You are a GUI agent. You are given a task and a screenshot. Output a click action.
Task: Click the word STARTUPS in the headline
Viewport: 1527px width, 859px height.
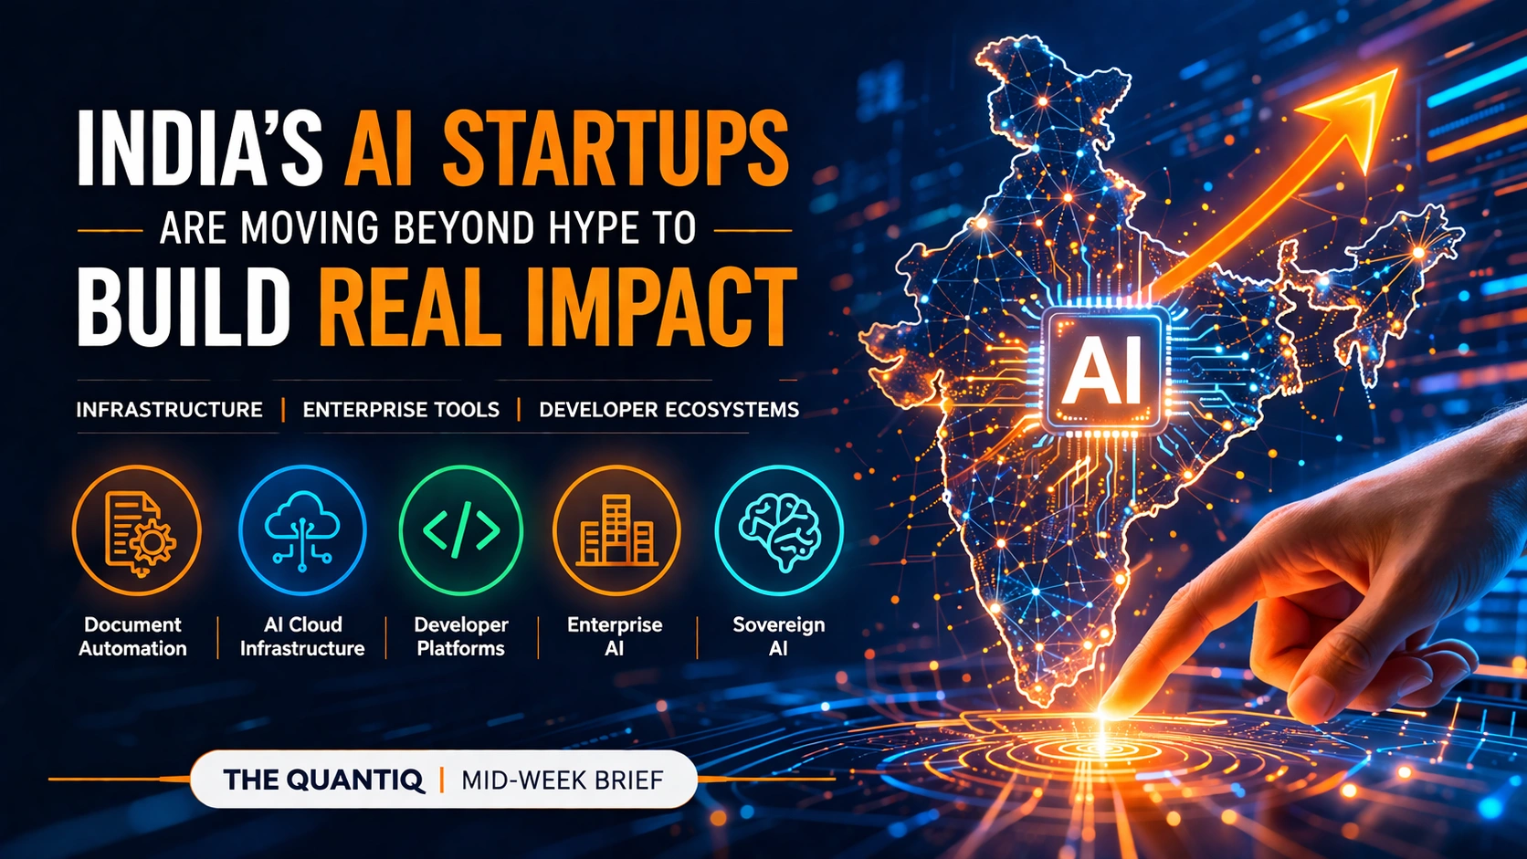coord(615,149)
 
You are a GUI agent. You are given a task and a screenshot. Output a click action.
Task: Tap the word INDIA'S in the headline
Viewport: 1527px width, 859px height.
coord(200,149)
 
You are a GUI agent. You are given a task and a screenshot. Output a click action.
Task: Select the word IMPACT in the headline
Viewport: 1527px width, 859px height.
coord(655,307)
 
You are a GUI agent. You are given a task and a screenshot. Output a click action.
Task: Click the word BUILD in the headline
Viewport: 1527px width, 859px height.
coord(183,307)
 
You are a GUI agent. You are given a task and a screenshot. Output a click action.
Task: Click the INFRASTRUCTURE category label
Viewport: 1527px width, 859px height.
coord(169,410)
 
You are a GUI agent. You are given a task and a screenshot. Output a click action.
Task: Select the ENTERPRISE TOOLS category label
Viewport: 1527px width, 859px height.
coord(401,410)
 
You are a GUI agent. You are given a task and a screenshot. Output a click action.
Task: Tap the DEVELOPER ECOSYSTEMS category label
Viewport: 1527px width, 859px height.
coord(669,410)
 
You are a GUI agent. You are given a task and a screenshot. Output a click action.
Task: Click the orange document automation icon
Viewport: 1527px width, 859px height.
coord(136,530)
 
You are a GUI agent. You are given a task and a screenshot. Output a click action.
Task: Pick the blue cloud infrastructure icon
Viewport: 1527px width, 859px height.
coord(302,530)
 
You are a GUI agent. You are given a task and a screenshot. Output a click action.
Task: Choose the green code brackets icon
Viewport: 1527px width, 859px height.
coord(461,530)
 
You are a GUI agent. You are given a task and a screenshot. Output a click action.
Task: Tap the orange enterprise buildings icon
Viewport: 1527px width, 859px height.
coord(616,530)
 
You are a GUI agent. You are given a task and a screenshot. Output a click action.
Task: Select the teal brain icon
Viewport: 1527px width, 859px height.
coord(779,530)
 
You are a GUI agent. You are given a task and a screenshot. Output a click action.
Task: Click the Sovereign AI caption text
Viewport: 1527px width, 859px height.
coord(778,636)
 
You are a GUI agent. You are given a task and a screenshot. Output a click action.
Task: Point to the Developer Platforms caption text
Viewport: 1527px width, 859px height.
coord(461,636)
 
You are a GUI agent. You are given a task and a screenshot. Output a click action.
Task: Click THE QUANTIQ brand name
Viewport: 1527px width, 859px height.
coord(323,780)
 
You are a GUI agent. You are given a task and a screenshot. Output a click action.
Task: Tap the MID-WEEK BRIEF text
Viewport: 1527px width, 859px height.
coord(562,780)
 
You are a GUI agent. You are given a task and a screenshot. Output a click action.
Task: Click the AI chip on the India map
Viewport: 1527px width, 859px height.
coord(1105,371)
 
